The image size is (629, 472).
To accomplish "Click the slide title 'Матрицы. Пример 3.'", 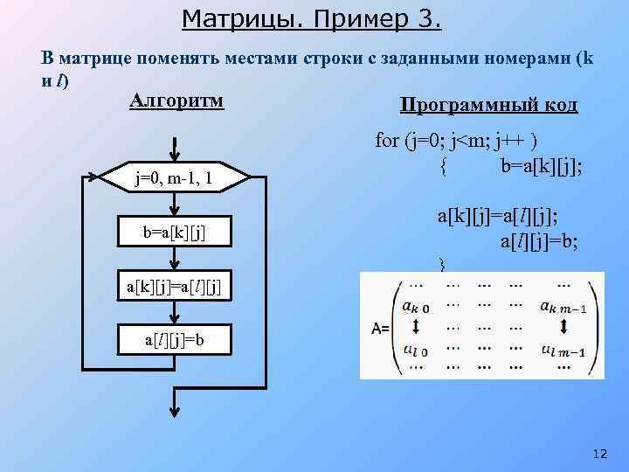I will coord(313,17).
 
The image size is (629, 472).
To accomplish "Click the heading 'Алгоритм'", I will coord(176,101).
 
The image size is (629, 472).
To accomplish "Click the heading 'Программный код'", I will coord(488,106).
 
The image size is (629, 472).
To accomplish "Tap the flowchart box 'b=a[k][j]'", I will coord(176,233).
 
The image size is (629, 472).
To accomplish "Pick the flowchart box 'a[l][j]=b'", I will coord(176,339).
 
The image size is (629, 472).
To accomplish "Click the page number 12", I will coord(598,454).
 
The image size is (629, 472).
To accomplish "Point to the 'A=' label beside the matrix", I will coord(381,329).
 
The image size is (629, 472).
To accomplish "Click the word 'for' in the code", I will coord(387,141).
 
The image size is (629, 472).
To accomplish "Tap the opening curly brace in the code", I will coord(445,165).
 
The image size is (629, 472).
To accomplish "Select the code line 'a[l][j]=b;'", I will coord(540,239).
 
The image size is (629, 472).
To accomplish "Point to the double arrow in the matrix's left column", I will coord(414,327).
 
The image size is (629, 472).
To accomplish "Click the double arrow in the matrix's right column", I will coord(563,327).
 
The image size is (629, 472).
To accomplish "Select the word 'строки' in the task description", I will coord(337,59).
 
